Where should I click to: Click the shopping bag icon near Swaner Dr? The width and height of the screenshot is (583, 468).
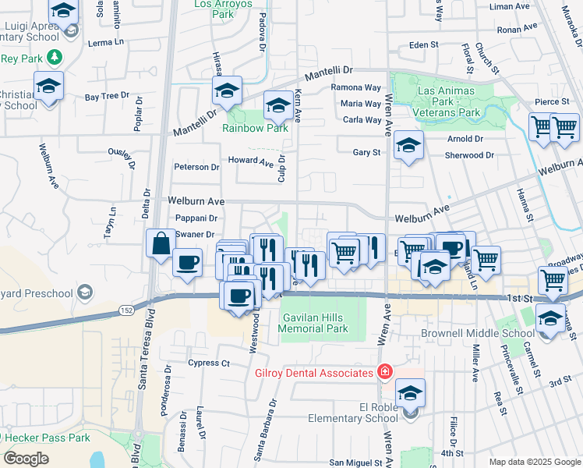click(160, 243)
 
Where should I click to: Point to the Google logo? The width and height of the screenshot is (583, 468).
click(26, 459)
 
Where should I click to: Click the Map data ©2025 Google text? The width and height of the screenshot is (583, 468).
click(534, 462)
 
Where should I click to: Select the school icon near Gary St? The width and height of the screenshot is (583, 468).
click(408, 145)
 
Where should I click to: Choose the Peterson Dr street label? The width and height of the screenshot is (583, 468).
click(196, 167)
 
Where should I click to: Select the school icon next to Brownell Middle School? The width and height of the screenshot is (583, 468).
click(550, 318)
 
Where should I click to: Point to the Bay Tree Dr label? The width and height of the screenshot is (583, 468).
click(107, 97)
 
